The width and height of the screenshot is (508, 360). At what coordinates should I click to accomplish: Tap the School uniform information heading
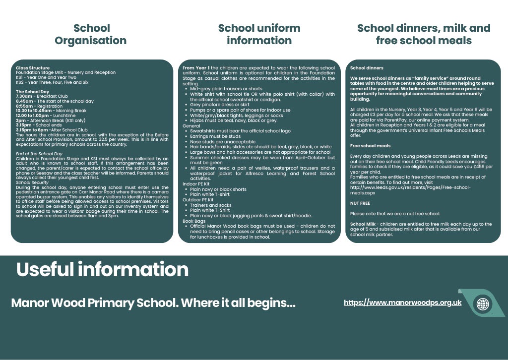(x=259, y=34)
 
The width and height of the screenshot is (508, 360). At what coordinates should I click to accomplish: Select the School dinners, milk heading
(x=423, y=34)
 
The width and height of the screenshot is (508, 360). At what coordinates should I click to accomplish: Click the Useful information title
(x=102, y=269)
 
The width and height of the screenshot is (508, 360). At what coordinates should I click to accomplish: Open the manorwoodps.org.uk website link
(x=402, y=302)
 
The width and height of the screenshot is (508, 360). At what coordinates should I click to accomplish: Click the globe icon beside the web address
(x=482, y=303)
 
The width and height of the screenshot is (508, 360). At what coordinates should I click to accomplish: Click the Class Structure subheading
(x=32, y=68)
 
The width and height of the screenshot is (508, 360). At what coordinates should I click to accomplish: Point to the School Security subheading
(x=32, y=182)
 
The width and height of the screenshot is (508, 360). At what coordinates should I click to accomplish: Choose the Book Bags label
(x=194, y=221)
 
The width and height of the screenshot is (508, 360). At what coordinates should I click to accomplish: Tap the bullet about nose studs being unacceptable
(x=223, y=142)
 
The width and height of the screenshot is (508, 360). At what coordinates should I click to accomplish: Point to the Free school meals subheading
(x=370, y=146)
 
